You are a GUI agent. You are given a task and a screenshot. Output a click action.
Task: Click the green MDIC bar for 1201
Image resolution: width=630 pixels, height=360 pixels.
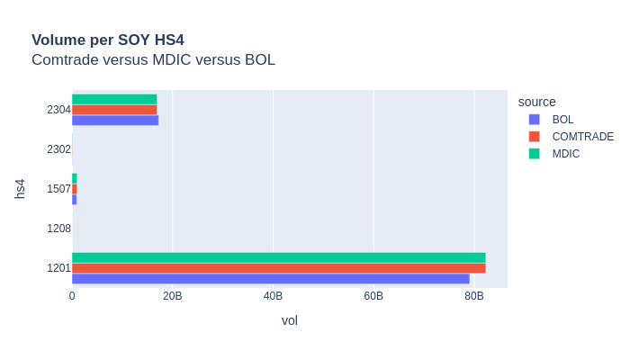pos(278,257)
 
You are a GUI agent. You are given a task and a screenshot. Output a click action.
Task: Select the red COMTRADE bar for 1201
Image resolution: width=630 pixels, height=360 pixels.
pos(278,268)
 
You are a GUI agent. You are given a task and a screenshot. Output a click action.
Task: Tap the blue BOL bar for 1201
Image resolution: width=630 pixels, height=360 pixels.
pos(270,279)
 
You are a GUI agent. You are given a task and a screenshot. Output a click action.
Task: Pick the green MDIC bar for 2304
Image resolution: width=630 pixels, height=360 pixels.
pos(114,99)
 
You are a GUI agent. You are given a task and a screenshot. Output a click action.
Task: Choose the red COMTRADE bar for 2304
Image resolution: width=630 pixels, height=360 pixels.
pos(114,110)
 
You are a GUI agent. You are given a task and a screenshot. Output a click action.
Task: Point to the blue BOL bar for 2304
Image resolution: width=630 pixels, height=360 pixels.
pos(115,121)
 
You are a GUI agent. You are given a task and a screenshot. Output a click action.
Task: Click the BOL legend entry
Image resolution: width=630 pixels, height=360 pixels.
pos(562,120)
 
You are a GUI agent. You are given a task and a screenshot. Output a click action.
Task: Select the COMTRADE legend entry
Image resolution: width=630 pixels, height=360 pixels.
pos(582,137)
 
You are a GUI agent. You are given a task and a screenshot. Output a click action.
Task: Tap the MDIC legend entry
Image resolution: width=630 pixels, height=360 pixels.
pos(566,154)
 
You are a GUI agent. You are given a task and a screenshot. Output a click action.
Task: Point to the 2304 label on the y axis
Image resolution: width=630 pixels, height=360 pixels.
pos(58,110)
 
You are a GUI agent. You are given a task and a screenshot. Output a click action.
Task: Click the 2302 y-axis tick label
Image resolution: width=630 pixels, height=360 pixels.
pos(58,149)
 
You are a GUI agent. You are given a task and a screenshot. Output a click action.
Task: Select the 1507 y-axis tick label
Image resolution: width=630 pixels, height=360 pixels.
pos(58,189)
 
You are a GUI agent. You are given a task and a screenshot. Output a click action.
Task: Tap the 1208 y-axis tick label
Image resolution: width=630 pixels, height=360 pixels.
pos(58,229)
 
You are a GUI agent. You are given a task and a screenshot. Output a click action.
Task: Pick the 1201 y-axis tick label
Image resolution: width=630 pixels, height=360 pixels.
pos(58,268)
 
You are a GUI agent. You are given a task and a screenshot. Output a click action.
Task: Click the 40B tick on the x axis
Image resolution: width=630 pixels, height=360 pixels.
pos(273,296)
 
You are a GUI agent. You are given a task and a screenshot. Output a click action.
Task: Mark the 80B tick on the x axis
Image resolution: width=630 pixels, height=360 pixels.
pos(473,296)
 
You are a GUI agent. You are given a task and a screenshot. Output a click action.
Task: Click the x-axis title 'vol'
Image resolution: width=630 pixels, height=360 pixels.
pos(290,320)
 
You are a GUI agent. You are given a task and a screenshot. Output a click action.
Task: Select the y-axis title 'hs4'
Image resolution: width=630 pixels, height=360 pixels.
pos(20,189)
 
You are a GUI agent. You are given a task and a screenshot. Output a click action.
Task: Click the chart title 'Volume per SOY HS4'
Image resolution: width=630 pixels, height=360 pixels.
pos(108,40)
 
